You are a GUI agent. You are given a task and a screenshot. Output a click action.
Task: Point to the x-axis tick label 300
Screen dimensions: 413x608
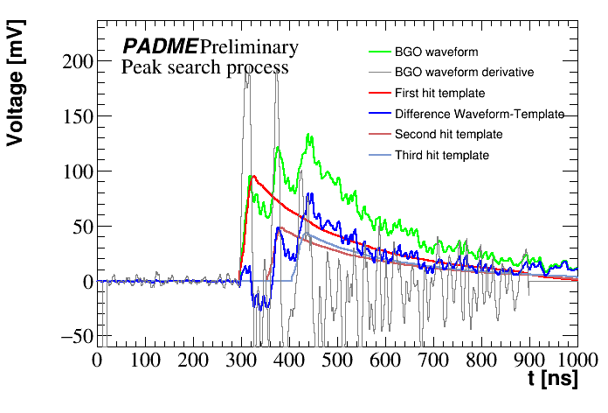[240, 360]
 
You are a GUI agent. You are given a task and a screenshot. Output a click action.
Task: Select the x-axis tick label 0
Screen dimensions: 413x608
[97, 360]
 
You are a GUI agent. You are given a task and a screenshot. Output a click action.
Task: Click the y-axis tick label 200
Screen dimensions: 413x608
[78, 61]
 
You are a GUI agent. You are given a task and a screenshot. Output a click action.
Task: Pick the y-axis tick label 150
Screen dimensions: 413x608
[78, 116]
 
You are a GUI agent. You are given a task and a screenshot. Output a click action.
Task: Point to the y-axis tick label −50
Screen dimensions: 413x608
[75, 336]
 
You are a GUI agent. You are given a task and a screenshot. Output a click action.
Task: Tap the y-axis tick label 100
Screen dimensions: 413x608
[78, 171]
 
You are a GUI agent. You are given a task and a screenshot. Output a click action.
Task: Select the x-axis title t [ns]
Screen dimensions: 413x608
[551, 380]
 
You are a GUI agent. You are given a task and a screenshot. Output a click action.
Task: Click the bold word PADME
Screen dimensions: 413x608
[160, 46]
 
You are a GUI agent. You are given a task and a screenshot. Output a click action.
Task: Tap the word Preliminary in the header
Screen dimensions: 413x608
[249, 46]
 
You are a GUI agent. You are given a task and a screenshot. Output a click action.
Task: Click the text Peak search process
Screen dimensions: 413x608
[204, 66]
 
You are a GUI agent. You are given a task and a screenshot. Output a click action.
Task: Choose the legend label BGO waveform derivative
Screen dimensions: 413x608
[464, 72]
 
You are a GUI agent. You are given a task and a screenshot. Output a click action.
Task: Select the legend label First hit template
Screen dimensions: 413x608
[439, 93]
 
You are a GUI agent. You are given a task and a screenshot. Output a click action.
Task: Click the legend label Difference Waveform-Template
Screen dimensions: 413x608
[479, 114]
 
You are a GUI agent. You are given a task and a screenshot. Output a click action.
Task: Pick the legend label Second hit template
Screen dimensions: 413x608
[448, 135]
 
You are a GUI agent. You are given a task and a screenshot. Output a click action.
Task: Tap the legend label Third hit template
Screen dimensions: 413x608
[442, 155]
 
